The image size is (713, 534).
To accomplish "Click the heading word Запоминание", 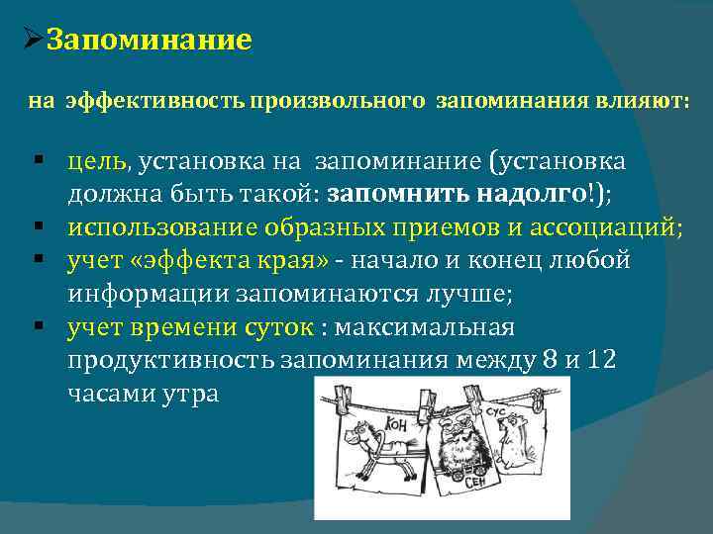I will pyautogui.click(x=150, y=41).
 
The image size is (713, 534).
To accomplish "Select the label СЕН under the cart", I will pyautogui.click(x=478, y=482).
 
